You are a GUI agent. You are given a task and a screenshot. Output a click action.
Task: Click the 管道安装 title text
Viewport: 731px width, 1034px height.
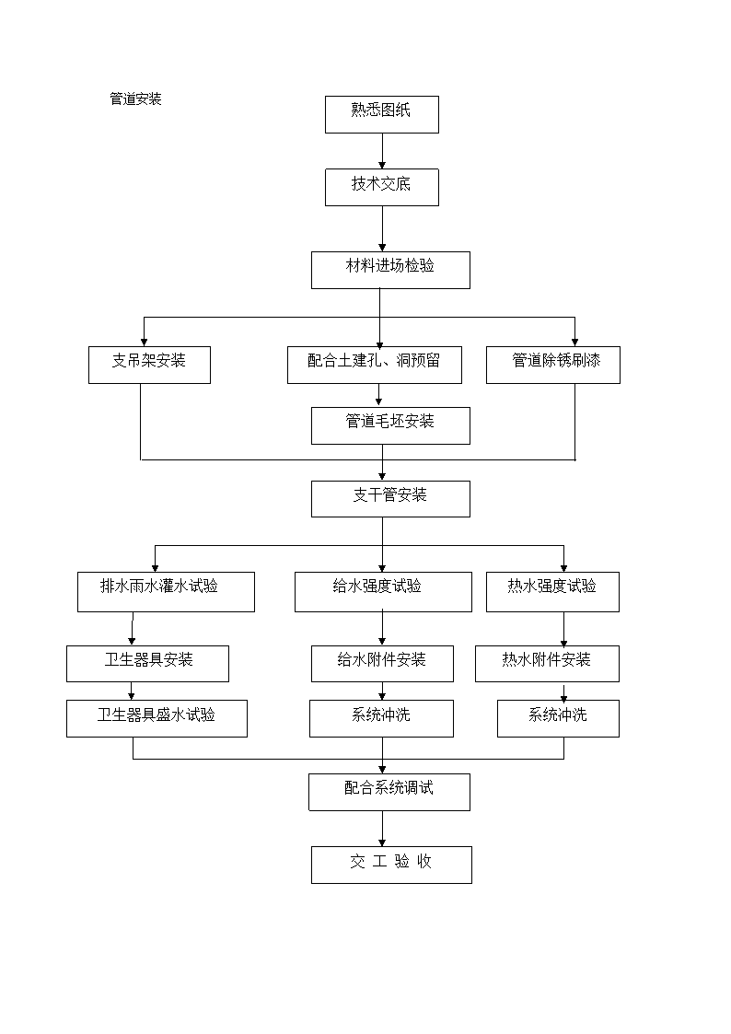(x=135, y=99)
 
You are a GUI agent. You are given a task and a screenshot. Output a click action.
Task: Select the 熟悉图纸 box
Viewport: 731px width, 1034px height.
(x=382, y=115)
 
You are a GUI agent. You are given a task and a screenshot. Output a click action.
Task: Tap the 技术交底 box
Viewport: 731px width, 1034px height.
(x=382, y=187)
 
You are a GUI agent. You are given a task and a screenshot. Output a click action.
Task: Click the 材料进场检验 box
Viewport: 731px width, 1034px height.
(x=390, y=271)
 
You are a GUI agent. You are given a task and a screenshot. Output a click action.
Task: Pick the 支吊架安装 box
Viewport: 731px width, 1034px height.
(x=150, y=365)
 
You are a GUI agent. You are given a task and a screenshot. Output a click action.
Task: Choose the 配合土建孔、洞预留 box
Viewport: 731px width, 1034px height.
(x=375, y=365)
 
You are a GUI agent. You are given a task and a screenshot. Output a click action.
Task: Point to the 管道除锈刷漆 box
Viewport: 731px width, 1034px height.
(x=553, y=365)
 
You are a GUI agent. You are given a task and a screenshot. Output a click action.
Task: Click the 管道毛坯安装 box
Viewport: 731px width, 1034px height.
(x=390, y=426)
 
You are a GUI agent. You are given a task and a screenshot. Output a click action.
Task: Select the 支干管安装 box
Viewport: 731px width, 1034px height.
(x=390, y=498)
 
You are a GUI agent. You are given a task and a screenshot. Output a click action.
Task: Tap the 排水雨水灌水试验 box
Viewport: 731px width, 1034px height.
(x=166, y=591)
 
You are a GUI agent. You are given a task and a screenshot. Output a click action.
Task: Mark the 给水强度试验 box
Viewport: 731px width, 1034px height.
(x=383, y=591)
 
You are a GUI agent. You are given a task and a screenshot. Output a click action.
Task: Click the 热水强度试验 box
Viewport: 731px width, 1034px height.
(x=552, y=591)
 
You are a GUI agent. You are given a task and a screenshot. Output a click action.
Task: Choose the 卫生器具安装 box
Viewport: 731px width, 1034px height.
(x=147, y=663)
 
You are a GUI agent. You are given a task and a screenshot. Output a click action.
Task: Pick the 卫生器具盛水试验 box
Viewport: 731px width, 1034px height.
(x=157, y=718)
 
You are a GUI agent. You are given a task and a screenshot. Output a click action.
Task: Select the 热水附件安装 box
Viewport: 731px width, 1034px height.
(x=547, y=663)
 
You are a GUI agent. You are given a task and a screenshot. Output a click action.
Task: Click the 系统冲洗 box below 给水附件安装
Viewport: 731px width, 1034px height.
(x=382, y=718)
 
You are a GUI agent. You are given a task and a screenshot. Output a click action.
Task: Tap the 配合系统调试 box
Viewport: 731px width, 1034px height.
(x=389, y=792)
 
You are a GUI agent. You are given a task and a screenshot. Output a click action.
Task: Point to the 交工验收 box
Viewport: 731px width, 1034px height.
(x=391, y=865)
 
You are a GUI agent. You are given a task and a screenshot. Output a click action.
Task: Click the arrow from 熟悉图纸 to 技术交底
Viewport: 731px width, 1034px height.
(x=382, y=151)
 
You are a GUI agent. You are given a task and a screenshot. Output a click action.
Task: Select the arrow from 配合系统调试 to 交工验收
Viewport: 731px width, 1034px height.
(x=382, y=829)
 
